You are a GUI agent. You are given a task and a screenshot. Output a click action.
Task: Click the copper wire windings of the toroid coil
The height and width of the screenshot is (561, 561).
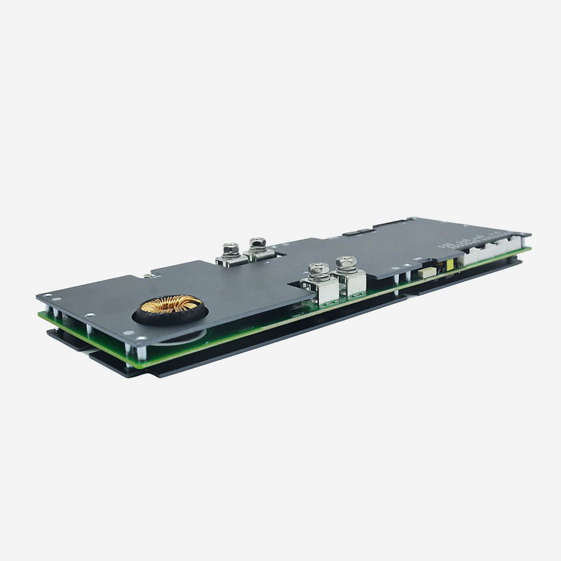click(172, 303)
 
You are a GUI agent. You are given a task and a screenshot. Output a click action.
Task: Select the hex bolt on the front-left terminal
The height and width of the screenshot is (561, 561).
click(318, 268)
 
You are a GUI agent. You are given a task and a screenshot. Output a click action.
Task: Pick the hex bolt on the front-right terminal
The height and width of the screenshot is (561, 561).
click(346, 263)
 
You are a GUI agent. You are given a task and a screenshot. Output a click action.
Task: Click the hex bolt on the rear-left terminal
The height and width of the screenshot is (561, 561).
click(231, 249)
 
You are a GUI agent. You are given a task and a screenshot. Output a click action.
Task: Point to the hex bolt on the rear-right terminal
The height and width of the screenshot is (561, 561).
click(256, 243)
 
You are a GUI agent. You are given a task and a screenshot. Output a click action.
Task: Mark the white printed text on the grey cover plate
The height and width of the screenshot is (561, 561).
click(464, 243)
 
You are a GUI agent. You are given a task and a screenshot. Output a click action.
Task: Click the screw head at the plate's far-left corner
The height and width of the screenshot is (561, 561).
click(46, 296)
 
